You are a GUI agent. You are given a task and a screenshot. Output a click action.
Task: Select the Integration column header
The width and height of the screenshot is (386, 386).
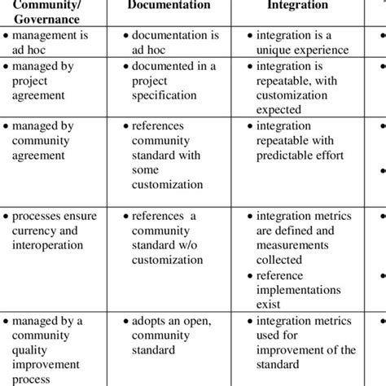pos(298,7)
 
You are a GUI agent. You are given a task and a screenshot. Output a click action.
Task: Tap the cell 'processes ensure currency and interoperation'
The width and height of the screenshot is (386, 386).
pos(54,230)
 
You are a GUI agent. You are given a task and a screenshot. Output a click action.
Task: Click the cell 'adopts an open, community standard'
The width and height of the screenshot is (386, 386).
pos(167,336)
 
